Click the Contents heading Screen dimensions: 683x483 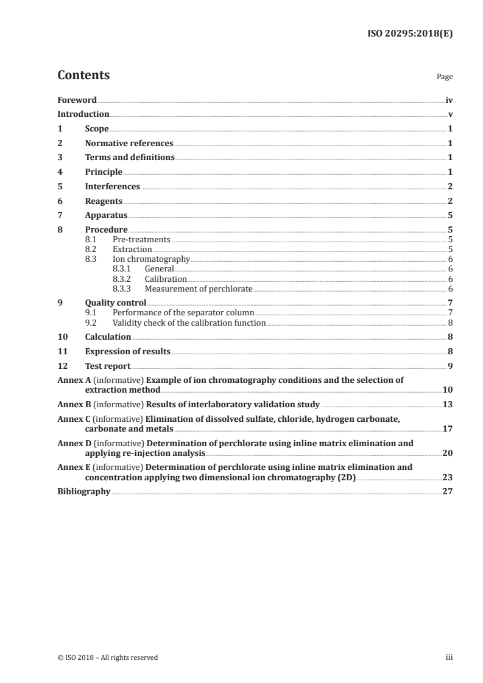[x=83, y=75]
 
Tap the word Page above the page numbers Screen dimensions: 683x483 [x=445, y=77]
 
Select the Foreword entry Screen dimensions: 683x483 [x=77, y=100]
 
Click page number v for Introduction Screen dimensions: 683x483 [x=450, y=114]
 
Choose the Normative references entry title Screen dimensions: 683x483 [x=129, y=144]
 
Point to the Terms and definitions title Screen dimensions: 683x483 [x=129, y=158]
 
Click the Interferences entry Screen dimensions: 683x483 [x=112, y=186]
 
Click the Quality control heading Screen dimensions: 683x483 [x=115, y=303]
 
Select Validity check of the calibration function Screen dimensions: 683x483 [x=189, y=323]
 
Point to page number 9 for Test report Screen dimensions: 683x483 [x=450, y=366]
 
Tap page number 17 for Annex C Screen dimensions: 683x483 [x=448, y=429]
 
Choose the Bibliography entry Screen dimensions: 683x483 [x=83, y=491]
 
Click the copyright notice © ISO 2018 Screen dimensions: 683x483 [x=108, y=657]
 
